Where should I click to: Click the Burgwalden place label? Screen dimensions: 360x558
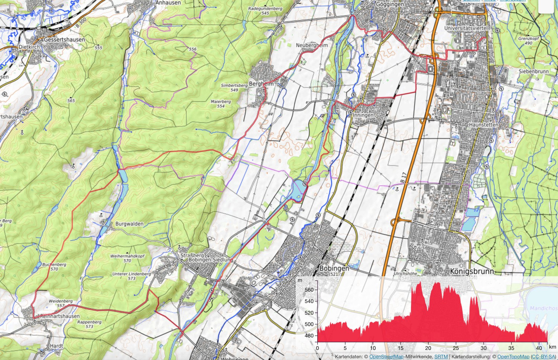tap(129, 224)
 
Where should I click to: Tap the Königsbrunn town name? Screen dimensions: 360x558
tap(472, 271)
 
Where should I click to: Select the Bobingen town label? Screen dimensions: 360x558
tap(334, 268)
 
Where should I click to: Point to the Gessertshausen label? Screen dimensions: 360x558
tap(64, 39)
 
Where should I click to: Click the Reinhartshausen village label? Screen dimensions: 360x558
tap(60, 316)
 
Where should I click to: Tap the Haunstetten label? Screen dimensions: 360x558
tap(483, 125)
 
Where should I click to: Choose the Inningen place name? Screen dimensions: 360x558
tap(363, 115)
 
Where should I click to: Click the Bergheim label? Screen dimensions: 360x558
tap(261, 84)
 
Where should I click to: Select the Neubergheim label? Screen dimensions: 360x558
tap(312, 45)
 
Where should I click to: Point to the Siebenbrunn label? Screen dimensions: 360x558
tap(533, 71)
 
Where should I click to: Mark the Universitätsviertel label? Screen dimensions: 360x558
tap(465, 28)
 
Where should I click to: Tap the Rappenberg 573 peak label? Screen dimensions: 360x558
tap(89, 324)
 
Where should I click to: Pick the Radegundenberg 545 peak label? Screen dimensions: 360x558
tap(265, 10)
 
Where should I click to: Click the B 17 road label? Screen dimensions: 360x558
tap(404, 177)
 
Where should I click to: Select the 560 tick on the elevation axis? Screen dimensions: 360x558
tap(309, 290)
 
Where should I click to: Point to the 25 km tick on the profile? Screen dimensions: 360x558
tap(456, 348)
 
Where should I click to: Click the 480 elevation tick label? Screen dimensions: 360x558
tap(309, 335)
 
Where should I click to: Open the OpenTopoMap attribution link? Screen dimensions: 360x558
tap(513, 357)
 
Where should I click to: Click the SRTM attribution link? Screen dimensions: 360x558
tap(441, 357)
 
